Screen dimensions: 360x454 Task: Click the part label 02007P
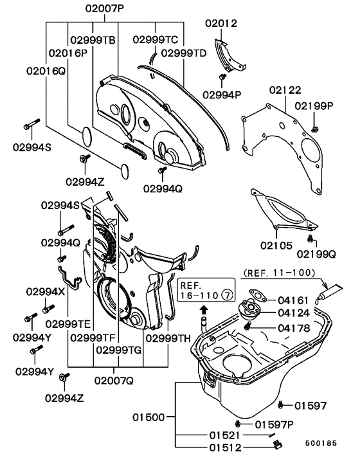tap(105, 9)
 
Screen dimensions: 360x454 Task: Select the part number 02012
tap(221, 23)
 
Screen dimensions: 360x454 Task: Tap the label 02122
tap(285, 90)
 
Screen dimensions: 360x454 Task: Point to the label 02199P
tap(314, 106)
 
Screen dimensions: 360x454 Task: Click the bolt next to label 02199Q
tap(310, 239)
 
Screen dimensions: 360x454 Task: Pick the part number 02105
tap(276, 246)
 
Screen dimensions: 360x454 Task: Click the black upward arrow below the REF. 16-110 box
tap(204, 309)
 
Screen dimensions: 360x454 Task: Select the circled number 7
tap(227, 295)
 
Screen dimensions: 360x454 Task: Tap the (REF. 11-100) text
tap(279, 273)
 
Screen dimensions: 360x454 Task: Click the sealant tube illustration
tap(329, 293)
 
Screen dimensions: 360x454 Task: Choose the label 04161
tap(293, 300)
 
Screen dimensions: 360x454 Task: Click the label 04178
tap(294, 328)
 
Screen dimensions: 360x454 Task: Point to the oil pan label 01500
tap(148, 417)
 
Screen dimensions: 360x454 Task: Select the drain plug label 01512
tap(226, 448)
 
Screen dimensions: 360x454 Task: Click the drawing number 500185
tap(321, 443)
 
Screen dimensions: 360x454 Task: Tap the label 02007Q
tap(114, 381)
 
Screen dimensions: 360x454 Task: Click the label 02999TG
tap(118, 350)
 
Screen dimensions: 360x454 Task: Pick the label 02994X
tap(46, 291)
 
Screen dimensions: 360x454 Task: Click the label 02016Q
tap(46, 71)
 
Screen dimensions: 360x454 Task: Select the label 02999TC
tap(156, 40)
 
